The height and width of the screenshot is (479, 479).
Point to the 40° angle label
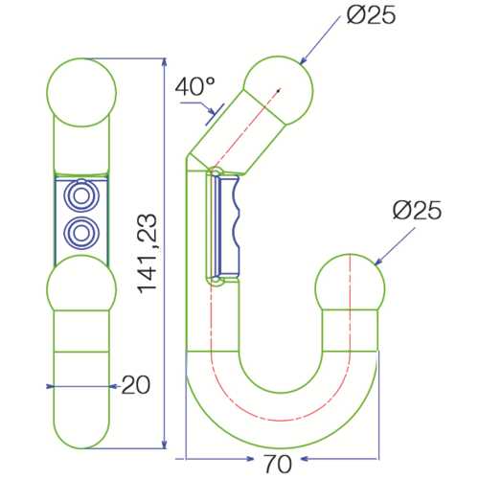(194, 85)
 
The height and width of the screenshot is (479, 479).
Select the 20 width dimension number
(137, 385)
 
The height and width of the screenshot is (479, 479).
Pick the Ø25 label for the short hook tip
(417, 210)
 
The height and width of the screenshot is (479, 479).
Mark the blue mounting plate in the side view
(231, 222)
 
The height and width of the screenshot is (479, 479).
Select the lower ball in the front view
(81, 292)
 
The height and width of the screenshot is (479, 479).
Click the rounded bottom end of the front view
(81, 436)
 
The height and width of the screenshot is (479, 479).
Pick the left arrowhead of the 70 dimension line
(188, 458)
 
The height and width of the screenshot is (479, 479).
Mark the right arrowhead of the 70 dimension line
(380, 458)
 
